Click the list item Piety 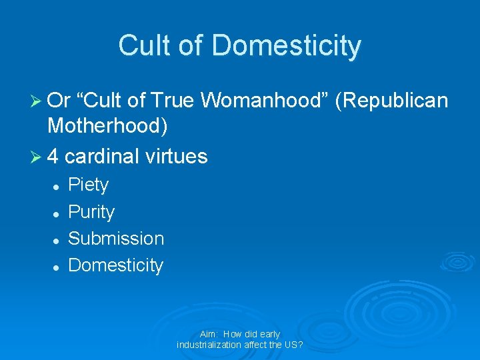89,185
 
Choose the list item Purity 91,212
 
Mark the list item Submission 116,238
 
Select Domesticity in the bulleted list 116,265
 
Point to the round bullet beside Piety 57,186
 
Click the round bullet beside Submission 57,239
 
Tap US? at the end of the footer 293,345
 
